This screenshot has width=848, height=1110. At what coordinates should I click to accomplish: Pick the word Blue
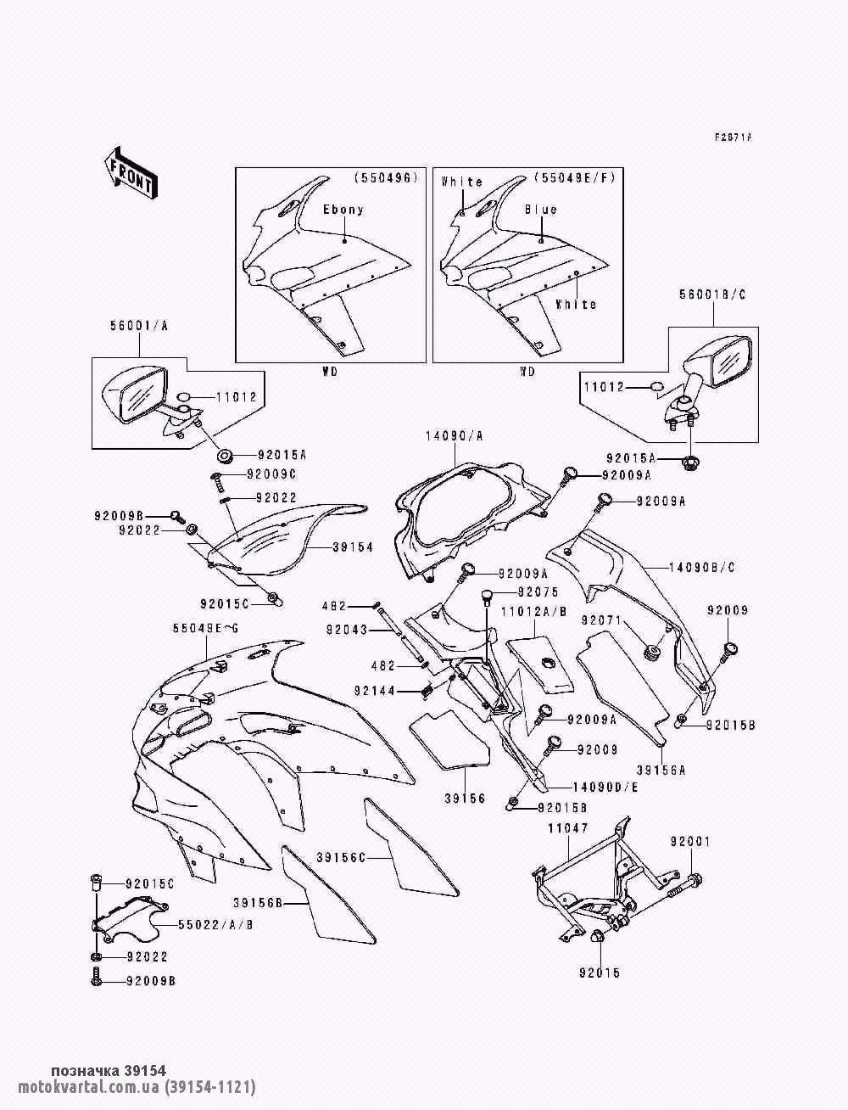540,210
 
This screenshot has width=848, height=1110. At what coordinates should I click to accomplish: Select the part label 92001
691,842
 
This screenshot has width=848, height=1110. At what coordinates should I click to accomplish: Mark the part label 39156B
259,902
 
